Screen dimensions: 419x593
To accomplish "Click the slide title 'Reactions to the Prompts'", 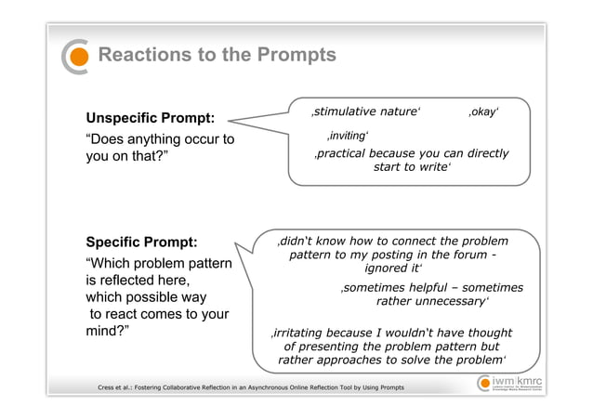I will [217, 56].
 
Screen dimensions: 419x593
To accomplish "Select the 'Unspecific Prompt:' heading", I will [151, 119].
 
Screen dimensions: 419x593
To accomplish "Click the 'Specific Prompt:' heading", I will [141, 242].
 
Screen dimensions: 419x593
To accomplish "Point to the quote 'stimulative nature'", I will [365, 111].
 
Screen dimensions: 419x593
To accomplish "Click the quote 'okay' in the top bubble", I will [483, 111].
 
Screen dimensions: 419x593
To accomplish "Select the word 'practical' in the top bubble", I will [348, 153].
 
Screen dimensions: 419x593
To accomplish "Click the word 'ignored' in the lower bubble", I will [387, 268].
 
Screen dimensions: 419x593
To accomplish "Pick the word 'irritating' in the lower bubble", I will [299, 333].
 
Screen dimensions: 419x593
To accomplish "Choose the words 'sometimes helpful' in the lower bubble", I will [398, 288].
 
